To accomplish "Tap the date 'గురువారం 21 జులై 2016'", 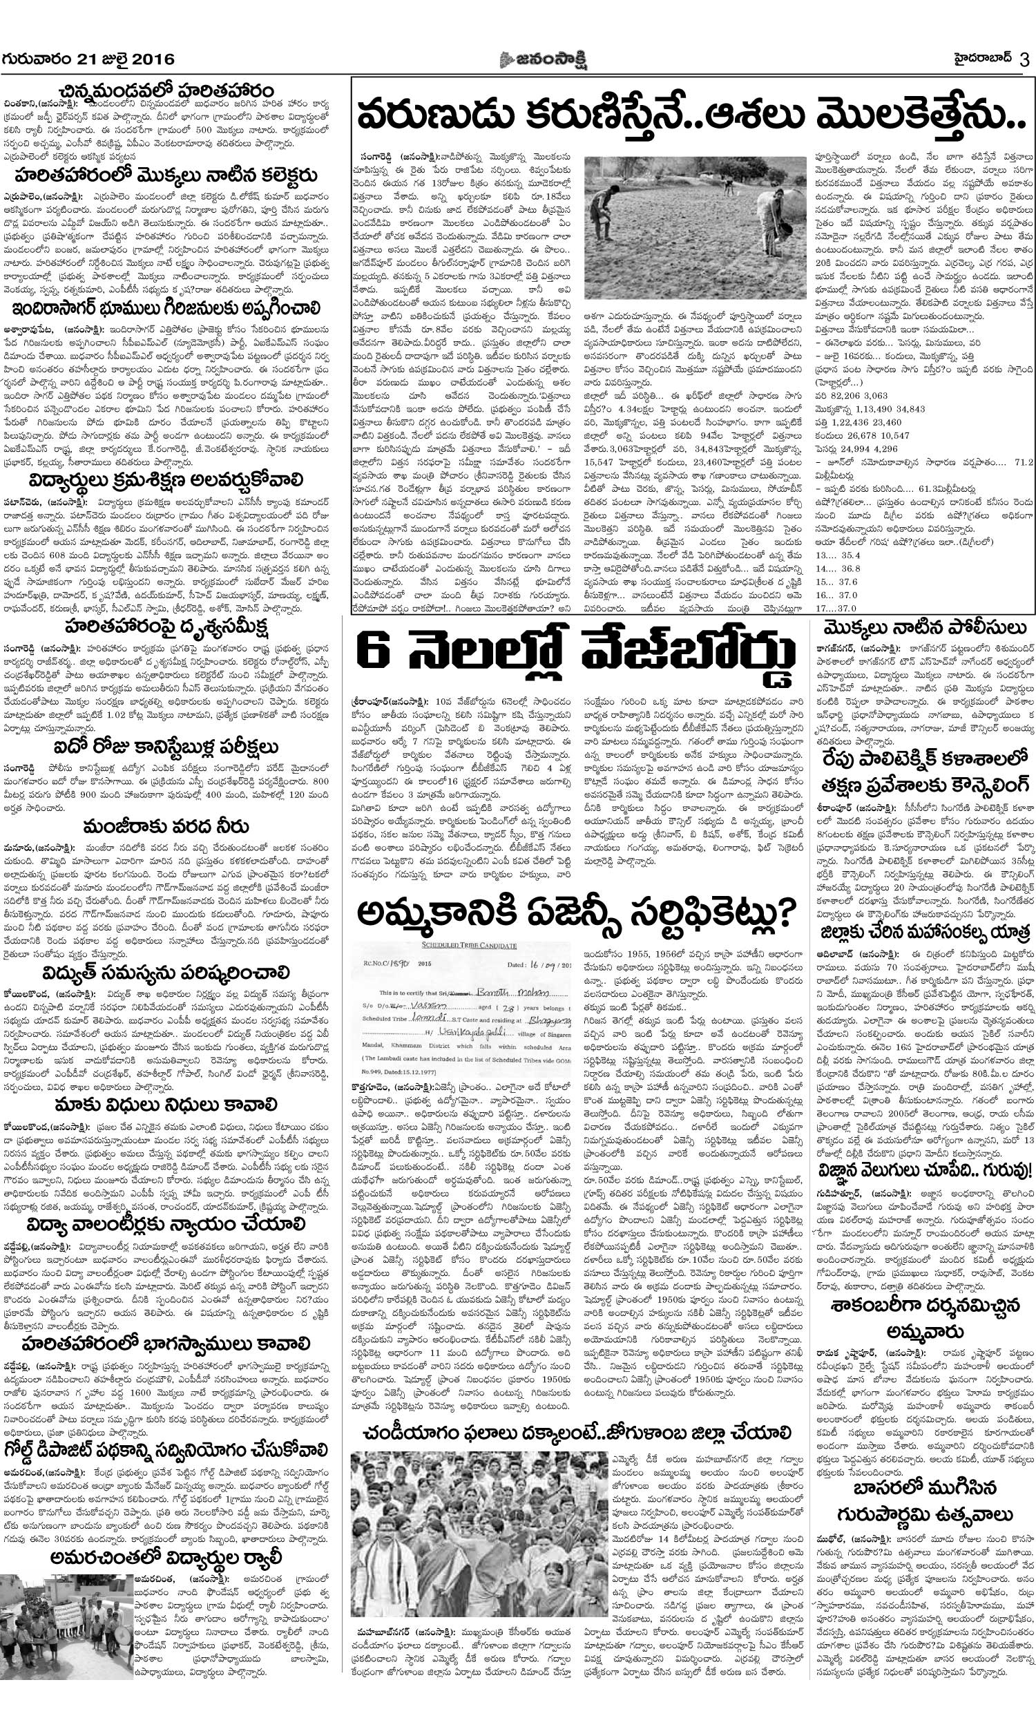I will [x=88, y=59].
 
